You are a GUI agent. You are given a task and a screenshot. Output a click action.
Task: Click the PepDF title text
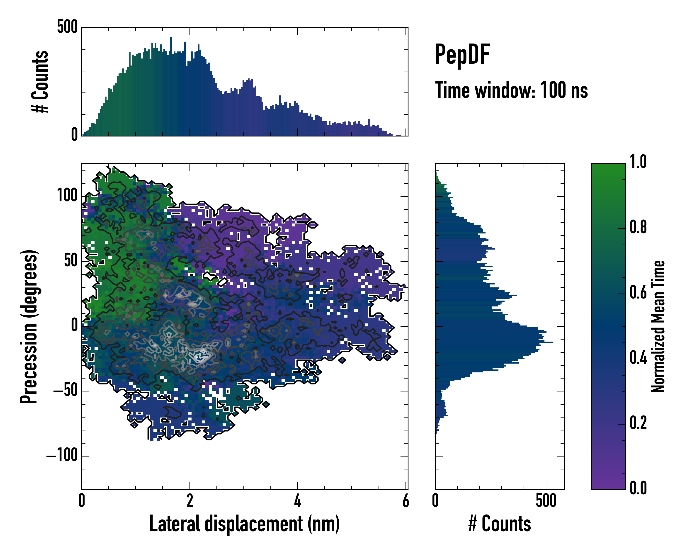(462, 55)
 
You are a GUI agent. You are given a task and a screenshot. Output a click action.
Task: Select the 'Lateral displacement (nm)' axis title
(244, 524)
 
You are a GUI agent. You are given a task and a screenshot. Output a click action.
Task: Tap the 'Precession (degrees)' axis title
(29, 326)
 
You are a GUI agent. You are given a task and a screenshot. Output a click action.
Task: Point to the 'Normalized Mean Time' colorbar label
(658, 326)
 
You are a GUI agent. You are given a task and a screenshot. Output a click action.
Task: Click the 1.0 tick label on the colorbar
(638, 162)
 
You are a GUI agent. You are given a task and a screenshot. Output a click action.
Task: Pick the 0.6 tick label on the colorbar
(638, 292)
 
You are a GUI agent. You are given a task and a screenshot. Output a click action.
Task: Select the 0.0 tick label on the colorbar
(638, 488)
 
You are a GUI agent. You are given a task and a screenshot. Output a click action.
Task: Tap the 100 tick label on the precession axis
(67, 196)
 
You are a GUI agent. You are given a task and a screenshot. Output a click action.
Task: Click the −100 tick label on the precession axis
(62, 455)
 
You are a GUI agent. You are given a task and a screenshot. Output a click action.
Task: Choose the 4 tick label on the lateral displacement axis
(297, 501)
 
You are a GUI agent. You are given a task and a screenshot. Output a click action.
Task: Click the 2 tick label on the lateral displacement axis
(189, 501)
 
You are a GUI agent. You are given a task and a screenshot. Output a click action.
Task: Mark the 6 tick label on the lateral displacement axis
(406, 501)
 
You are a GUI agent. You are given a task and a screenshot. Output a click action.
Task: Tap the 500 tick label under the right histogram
(546, 501)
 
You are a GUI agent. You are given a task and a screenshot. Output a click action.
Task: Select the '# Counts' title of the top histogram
(40, 81)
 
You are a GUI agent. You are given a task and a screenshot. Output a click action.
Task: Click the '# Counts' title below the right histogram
(500, 524)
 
